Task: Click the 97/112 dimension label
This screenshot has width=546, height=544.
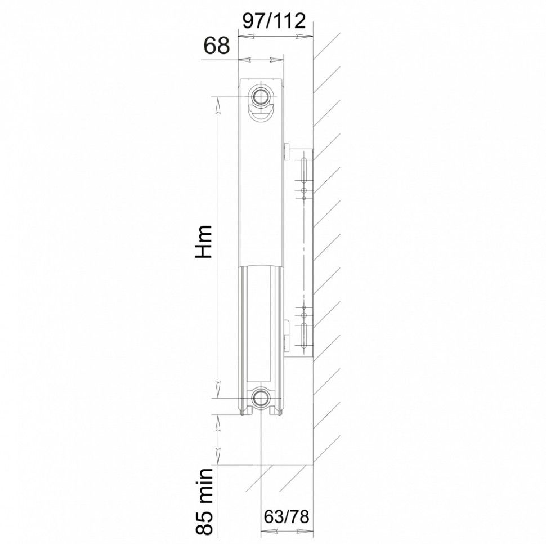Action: click(x=274, y=21)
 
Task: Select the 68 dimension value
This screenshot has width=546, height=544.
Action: click(x=217, y=45)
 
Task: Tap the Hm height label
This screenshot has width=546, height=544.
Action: click(x=204, y=242)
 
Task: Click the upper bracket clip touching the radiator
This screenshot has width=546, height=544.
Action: click(x=287, y=151)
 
